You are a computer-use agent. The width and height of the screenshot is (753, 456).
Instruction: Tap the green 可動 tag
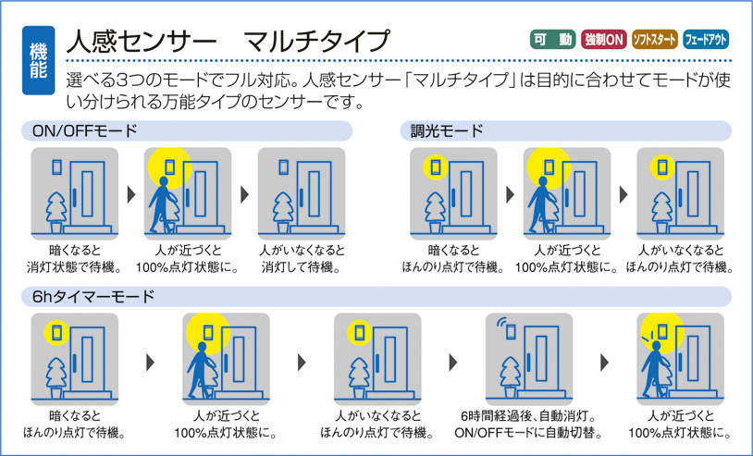click(x=551, y=40)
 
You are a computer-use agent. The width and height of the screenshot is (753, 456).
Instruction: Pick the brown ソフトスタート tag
click(x=654, y=40)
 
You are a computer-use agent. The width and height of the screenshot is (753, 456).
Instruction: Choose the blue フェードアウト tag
click(x=706, y=40)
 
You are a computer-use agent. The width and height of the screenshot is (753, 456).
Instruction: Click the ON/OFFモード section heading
click(x=84, y=131)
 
